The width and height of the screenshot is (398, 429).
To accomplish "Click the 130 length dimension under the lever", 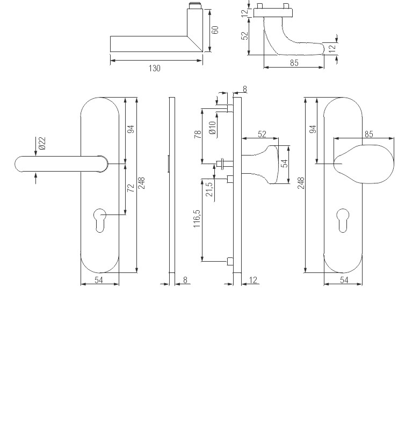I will (155, 68).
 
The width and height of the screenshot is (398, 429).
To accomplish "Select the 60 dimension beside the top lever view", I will (215, 29).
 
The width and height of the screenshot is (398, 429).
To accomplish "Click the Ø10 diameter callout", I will (212, 128).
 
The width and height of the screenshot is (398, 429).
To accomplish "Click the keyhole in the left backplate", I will (100, 220).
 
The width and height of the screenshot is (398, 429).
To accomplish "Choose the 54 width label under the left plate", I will (99, 280).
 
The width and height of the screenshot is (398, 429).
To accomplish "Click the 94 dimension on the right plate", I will (313, 129).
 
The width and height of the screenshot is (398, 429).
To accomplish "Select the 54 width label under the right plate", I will (344, 280).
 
